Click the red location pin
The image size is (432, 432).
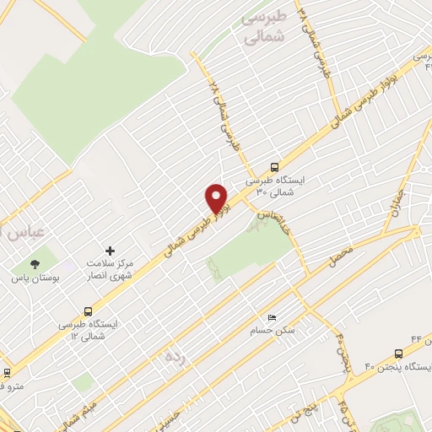(x=218, y=198)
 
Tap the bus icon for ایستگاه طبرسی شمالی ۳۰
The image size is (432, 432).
(x=274, y=167)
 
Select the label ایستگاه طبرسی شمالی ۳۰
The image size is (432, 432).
(x=275, y=186)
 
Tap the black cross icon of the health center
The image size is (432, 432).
(x=110, y=250)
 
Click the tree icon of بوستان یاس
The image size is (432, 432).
(x=35, y=263)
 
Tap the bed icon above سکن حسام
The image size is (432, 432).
(x=271, y=316)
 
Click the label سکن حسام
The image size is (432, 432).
(x=271, y=330)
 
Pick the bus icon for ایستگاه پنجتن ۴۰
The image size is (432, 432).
(x=398, y=354)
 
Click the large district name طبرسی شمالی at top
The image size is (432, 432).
(x=264, y=27)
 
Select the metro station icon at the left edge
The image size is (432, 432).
(x=8, y=371)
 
